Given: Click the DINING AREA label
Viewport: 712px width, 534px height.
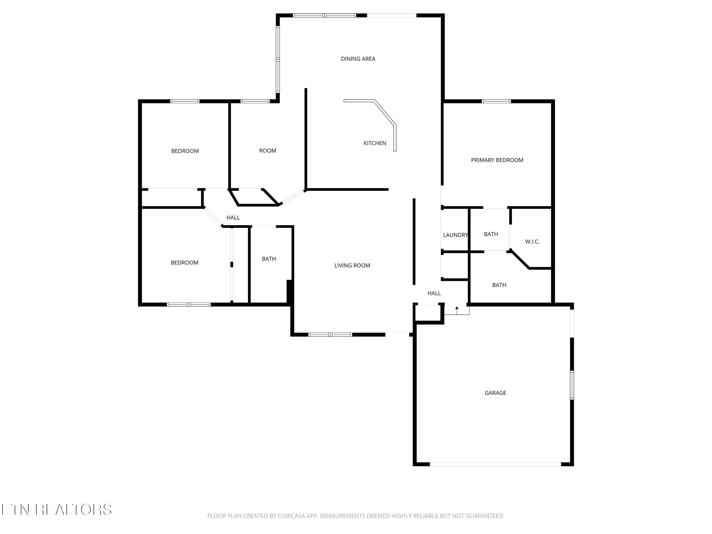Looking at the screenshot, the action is (x=358, y=59).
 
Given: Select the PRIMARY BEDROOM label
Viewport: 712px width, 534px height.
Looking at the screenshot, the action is (x=497, y=160).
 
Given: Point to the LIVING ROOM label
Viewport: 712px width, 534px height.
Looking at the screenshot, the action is (x=352, y=266).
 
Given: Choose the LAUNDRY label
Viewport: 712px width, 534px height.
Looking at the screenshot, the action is (x=455, y=235).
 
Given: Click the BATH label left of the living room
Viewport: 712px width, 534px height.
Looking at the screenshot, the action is (x=269, y=259).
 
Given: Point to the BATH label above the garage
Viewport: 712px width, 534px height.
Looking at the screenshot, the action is (x=499, y=285).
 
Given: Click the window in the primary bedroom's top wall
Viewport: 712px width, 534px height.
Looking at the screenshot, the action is (x=496, y=101).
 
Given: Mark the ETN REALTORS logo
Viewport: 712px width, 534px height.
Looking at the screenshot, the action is (x=57, y=510).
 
